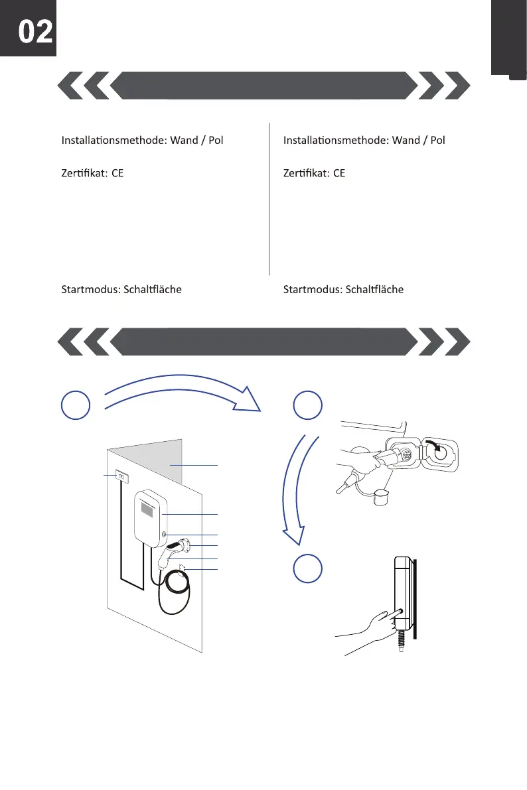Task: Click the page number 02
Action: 35,32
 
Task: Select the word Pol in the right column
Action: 435,141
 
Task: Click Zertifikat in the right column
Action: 305,174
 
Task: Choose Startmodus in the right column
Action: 312,290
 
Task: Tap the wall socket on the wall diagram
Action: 121,475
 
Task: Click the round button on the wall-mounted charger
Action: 163,534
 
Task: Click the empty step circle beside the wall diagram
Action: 76,405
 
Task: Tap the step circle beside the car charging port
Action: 308,405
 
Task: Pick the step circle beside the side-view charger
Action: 309,568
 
